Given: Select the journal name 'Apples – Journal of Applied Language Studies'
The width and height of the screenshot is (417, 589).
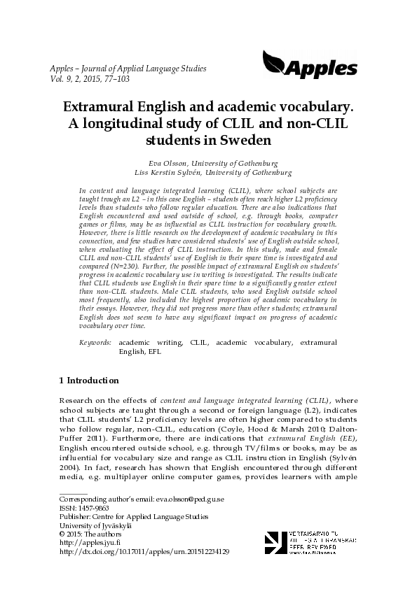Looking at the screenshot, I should click(x=128, y=69).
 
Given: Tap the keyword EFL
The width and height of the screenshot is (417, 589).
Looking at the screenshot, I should click(x=155, y=352).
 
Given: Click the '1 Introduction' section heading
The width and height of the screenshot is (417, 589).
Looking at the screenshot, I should click(x=89, y=381).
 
